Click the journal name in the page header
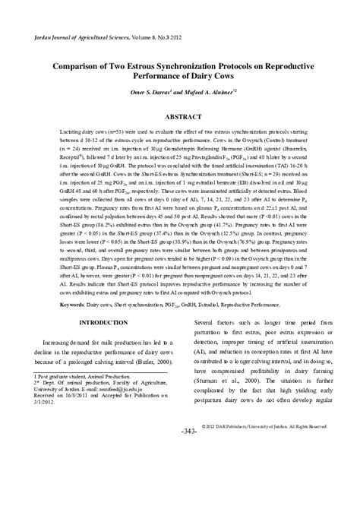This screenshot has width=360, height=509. (84, 36)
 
